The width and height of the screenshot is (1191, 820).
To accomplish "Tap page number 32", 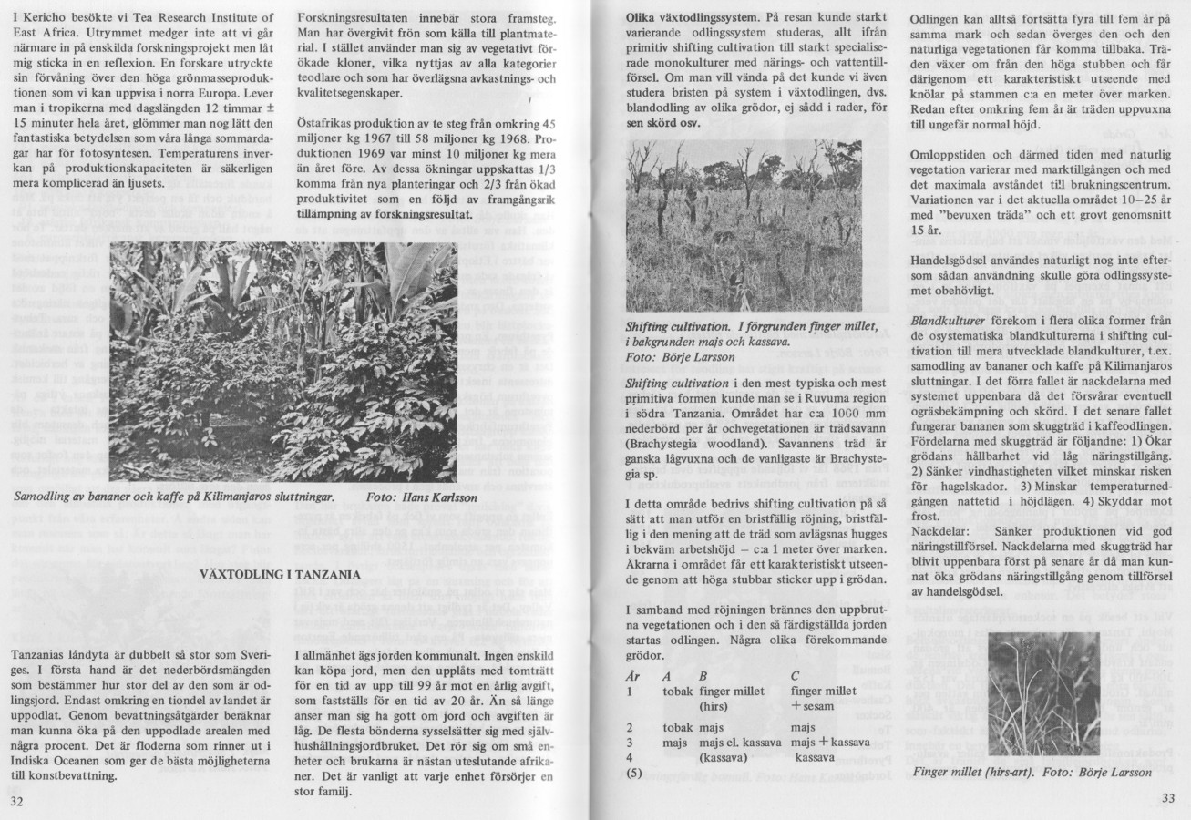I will tap(17, 802).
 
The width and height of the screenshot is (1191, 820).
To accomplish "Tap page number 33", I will tap(1168, 799).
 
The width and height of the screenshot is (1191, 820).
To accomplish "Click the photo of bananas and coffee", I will tap(282, 362).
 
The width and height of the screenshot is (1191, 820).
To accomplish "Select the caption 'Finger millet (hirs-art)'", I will tap(966, 772).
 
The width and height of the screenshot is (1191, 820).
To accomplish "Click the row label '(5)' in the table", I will tap(636, 773).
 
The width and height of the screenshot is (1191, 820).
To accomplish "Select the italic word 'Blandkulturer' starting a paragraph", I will tap(948, 322).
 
